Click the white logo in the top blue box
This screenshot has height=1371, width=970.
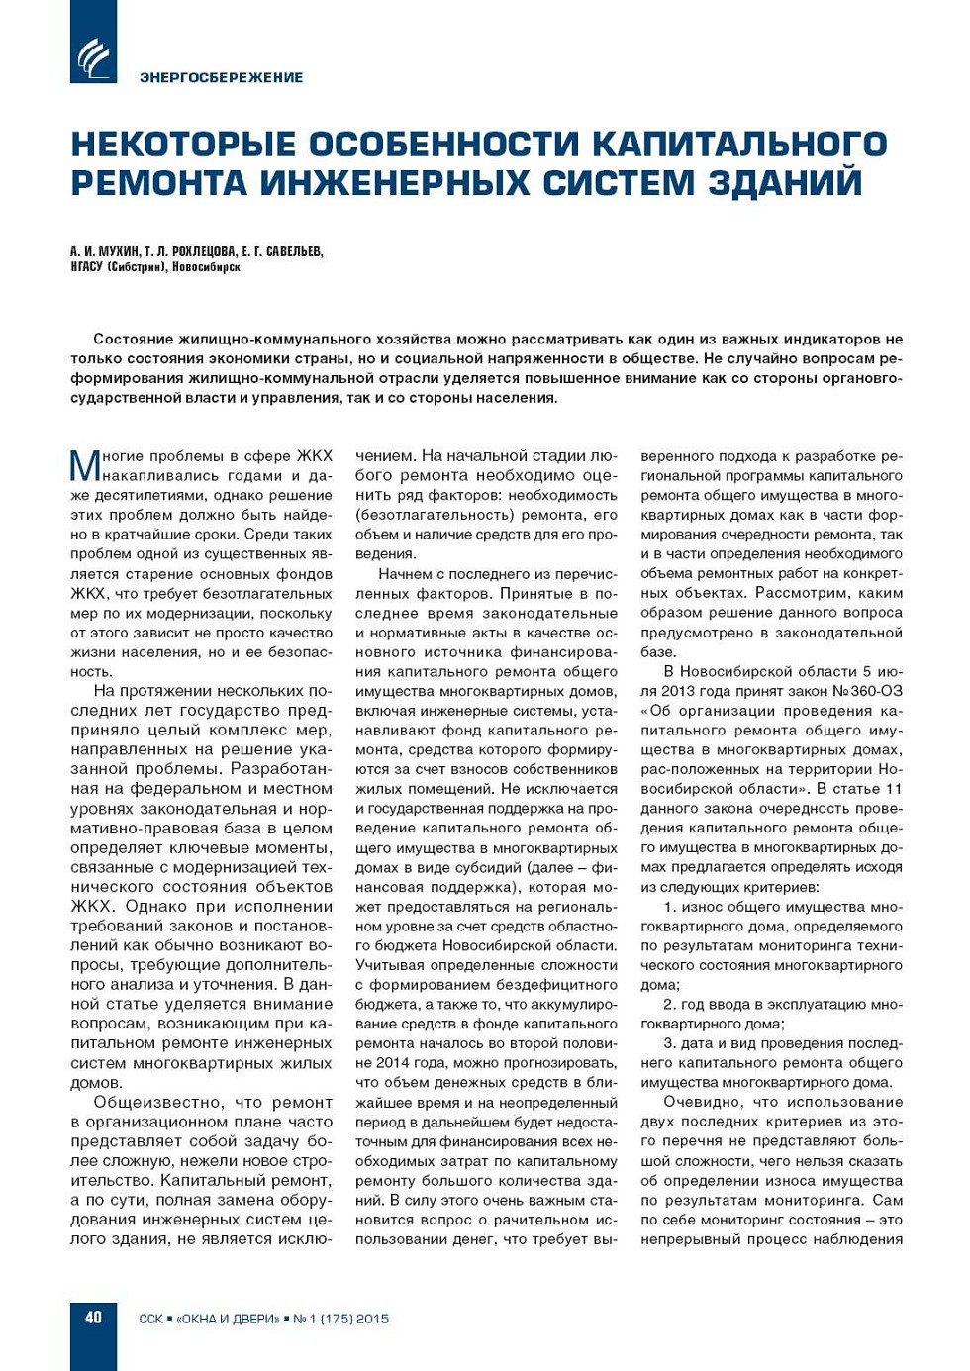click(x=93, y=57)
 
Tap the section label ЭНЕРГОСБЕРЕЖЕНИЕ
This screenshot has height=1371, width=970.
click(x=221, y=77)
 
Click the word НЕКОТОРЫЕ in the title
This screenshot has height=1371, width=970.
click(x=183, y=145)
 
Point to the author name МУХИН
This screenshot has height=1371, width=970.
click(x=119, y=251)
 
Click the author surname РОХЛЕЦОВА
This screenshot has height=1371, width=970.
click(x=204, y=251)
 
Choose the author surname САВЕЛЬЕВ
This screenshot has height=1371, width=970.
click(x=294, y=251)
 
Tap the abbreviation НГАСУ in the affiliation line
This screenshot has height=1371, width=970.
click(x=86, y=267)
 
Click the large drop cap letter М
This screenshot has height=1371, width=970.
click(x=85, y=465)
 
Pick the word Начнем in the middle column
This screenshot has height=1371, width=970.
click(x=405, y=574)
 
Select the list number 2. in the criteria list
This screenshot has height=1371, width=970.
click(x=669, y=1004)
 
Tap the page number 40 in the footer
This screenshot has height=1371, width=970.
click(x=93, y=1317)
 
